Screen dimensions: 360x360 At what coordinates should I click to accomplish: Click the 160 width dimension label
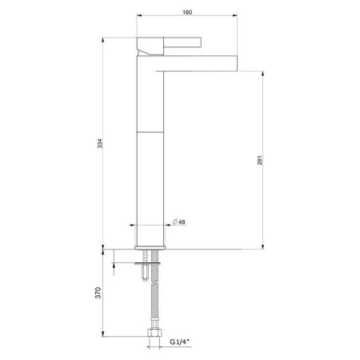pos(187,12)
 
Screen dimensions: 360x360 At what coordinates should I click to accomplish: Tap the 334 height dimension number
pos(99,143)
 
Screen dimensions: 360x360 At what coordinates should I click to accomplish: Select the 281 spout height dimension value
pos(260,160)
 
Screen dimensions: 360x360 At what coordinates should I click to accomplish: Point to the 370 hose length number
pos(98,293)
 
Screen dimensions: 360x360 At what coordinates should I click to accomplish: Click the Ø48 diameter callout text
pos(179,222)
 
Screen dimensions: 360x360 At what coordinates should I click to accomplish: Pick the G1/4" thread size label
pos(180,342)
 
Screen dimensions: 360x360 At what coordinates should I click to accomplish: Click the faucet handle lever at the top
pos(182,42)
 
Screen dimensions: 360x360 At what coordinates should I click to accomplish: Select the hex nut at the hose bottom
pos(154,333)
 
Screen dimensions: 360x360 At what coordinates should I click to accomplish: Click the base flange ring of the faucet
pos(150,247)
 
